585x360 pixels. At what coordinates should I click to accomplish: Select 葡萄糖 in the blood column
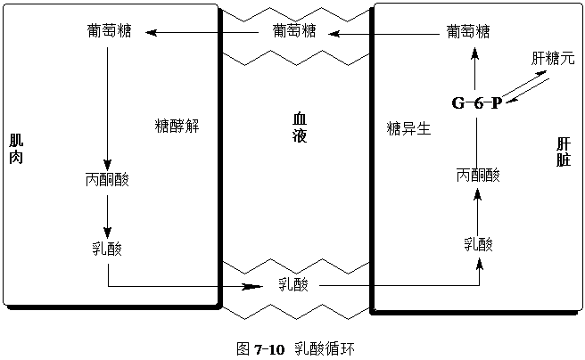[x=294, y=31]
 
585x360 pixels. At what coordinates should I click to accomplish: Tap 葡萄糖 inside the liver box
[x=468, y=32]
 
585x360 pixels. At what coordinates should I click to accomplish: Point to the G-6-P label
[x=475, y=102]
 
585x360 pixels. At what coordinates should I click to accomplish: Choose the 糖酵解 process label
[x=177, y=126]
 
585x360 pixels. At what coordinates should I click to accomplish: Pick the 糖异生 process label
[x=408, y=127]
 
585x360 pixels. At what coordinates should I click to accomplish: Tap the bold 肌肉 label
[x=16, y=148]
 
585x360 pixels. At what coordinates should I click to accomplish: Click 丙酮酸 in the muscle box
[x=107, y=179]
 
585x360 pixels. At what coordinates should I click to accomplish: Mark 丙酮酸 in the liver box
[x=477, y=175]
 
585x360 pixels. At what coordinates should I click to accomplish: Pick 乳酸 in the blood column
[x=292, y=284]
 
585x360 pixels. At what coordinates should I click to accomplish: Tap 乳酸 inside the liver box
[x=478, y=244]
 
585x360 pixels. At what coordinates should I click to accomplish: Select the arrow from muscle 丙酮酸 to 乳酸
[x=107, y=214]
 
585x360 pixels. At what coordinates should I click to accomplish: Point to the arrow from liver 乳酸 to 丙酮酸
[x=477, y=210]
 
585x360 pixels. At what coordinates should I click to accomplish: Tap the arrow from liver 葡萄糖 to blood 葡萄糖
[x=383, y=33]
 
